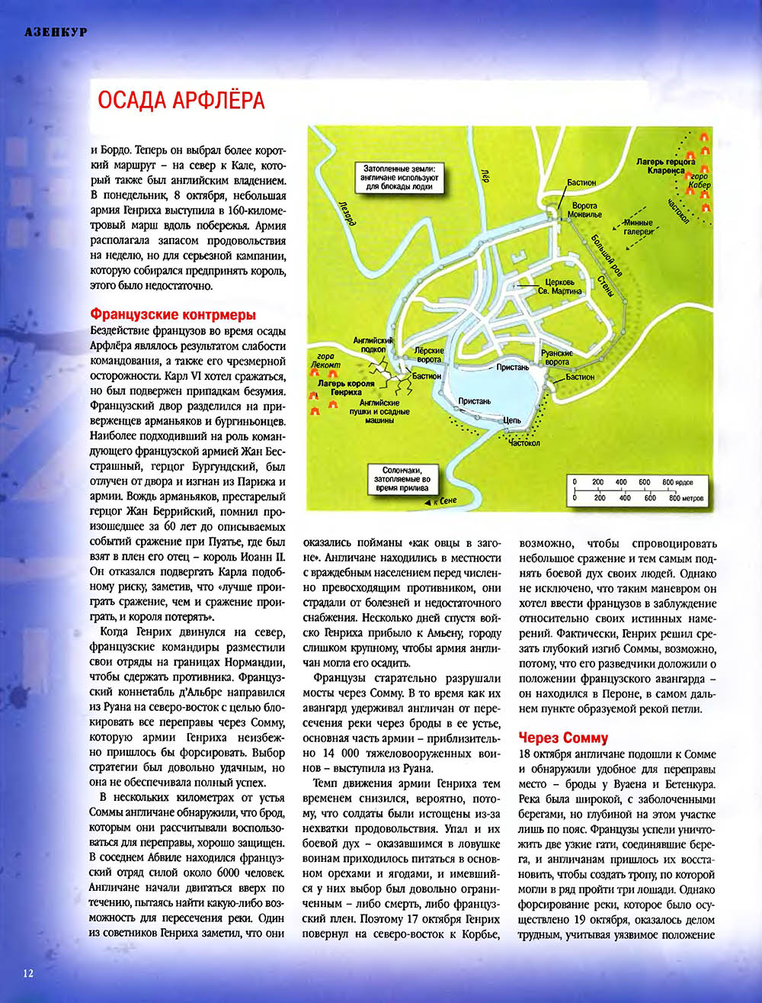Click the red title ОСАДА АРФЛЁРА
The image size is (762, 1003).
click(x=181, y=101)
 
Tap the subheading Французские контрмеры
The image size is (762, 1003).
click(x=173, y=314)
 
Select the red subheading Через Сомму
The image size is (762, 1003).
click(x=563, y=738)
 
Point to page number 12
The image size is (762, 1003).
click(x=28, y=972)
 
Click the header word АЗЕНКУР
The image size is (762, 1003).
click(x=56, y=32)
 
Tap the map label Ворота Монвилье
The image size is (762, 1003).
click(x=584, y=211)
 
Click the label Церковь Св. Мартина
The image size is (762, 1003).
click(x=560, y=286)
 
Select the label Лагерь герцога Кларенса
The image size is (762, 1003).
click(x=665, y=166)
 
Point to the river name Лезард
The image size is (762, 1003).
click(x=344, y=209)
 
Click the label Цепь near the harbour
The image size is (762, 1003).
click(x=511, y=420)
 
